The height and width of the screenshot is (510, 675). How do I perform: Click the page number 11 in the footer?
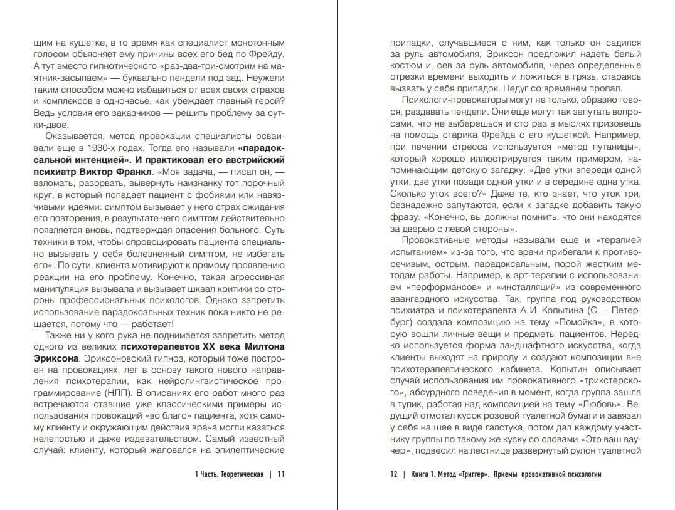pyautogui.click(x=280, y=474)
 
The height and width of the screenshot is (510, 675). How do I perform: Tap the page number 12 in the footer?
pyautogui.click(x=394, y=474)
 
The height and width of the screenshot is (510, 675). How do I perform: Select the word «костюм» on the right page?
pyautogui.click(x=403, y=65)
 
